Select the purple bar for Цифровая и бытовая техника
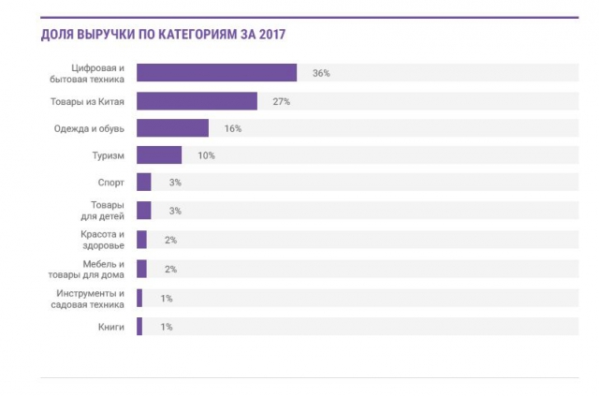(x=216, y=73)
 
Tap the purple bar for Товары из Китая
(x=197, y=101)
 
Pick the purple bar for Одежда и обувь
(x=172, y=128)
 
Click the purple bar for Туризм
(x=159, y=155)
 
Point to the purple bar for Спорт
(x=144, y=183)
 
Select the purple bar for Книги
(x=139, y=327)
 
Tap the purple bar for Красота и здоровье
(x=141, y=240)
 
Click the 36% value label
(x=322, y=73)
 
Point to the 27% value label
(x=281, y=101)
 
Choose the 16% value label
(x=233, y=128)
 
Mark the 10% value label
(x=206, y=155)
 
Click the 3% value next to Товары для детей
(x=175, y=211)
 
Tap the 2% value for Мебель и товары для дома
(x=170, y=269)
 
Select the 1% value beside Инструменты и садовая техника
(x=167, y=298)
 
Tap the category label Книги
(x=110, y=327)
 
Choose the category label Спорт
(x=110, y=183)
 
